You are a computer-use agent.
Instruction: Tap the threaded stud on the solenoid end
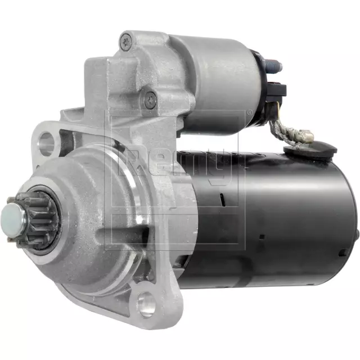(275, 66)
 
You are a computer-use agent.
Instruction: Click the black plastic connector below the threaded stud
(277, 89)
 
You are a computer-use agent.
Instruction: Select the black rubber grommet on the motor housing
(309, 150)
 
